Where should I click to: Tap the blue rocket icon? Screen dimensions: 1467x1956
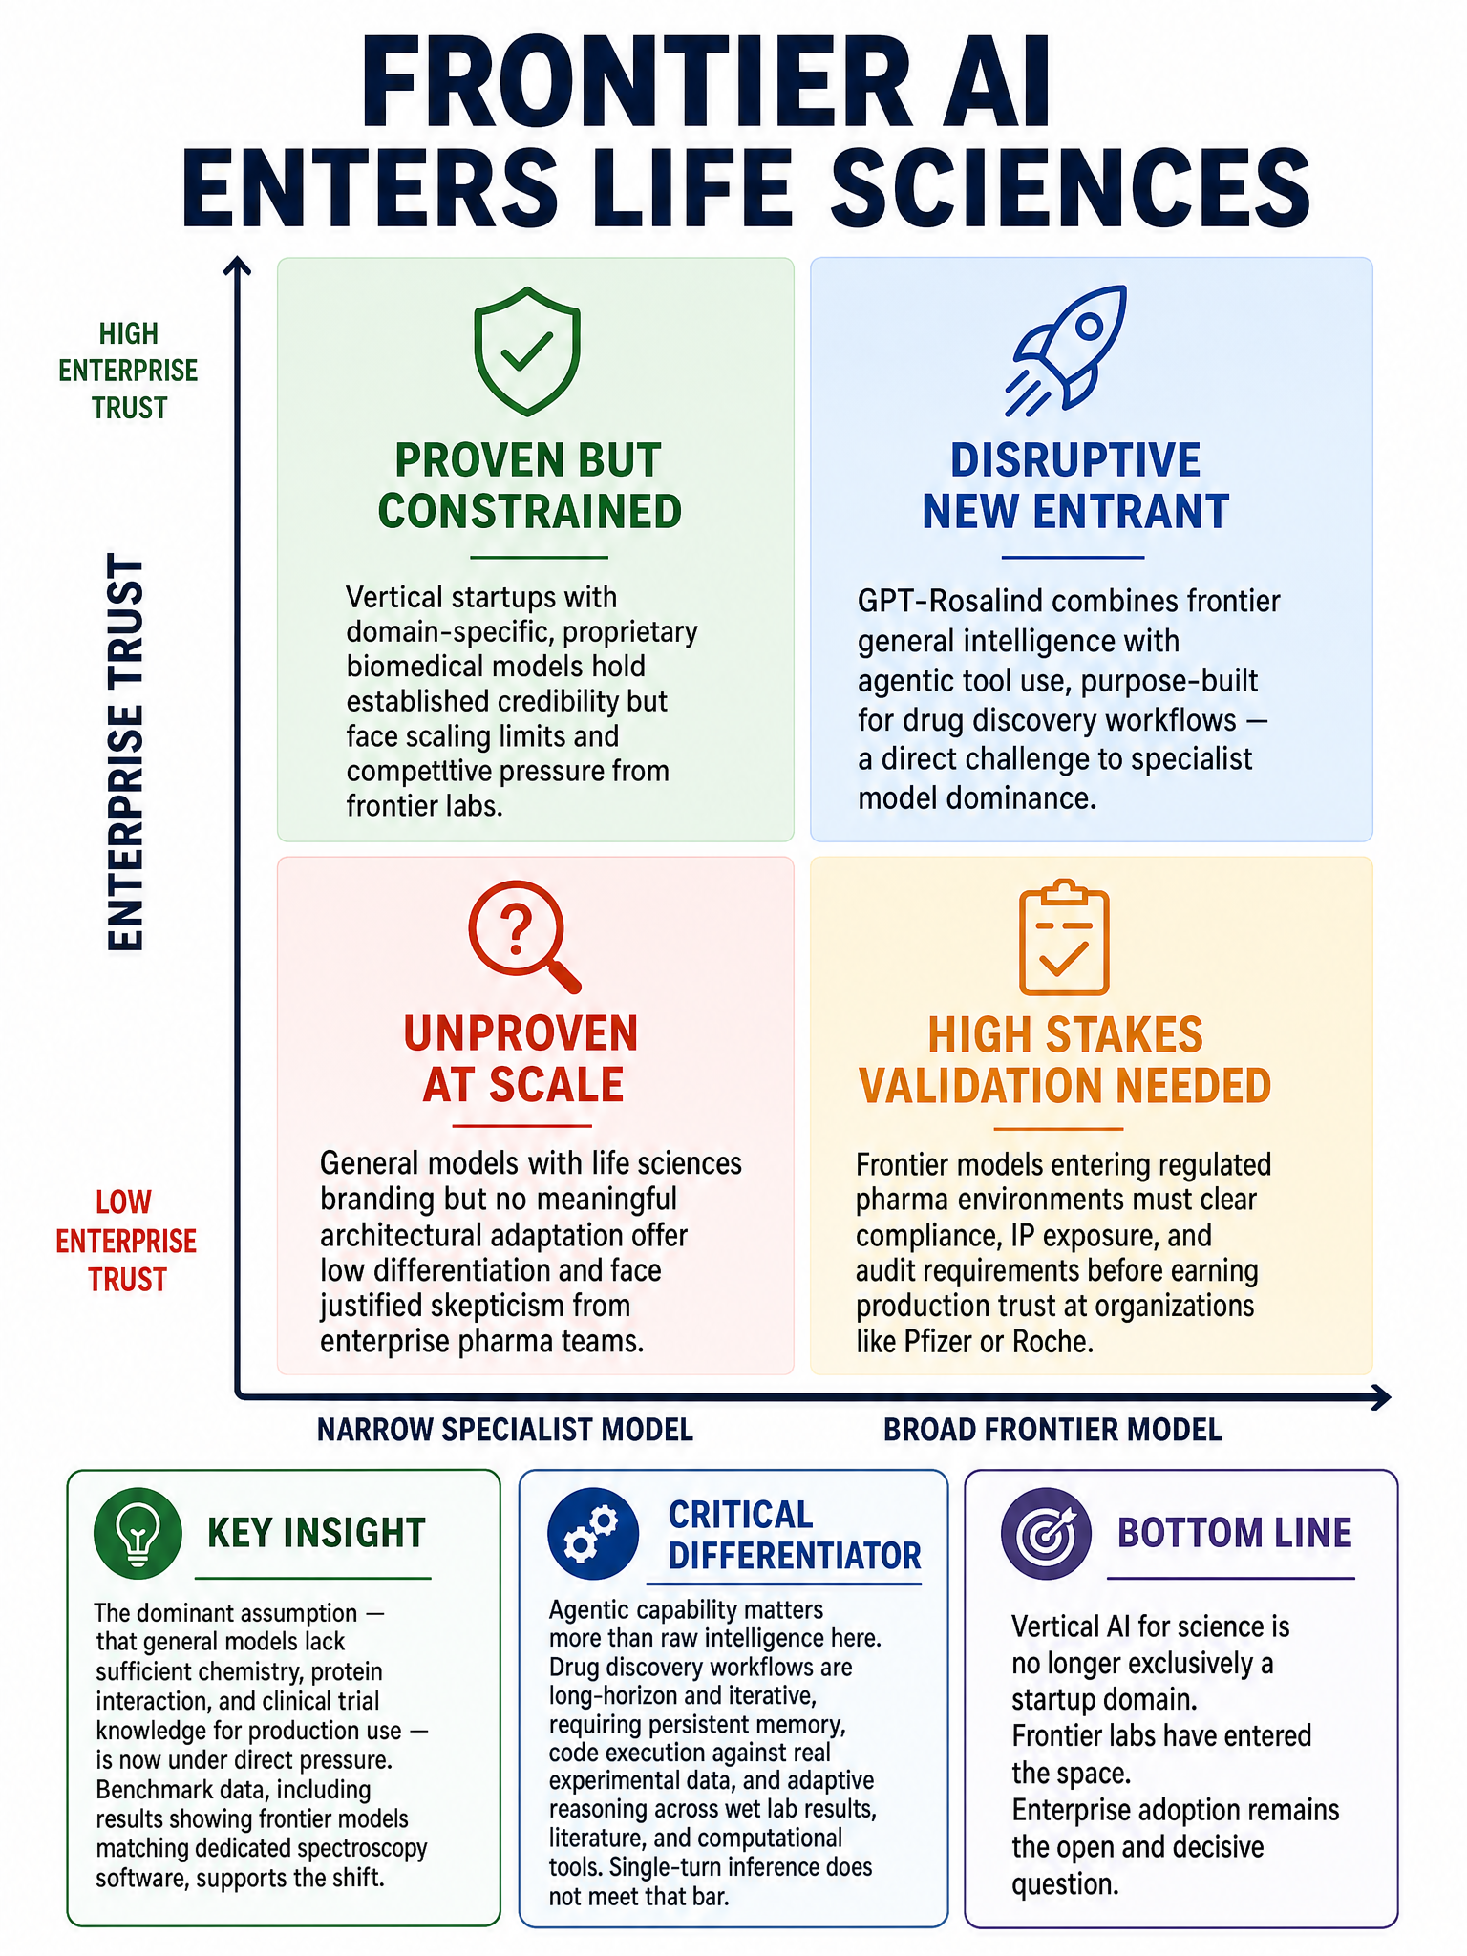click(1066, 351)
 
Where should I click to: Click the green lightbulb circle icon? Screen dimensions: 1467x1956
click(138, 1533)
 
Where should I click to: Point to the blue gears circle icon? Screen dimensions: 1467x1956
click(592, 1533)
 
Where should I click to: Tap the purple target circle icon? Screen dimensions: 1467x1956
click(1046, 1533)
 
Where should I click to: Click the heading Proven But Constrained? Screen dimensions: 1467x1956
click(529, 486)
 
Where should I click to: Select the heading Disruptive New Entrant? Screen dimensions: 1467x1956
click(1074, 486)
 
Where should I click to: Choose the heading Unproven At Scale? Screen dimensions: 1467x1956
click(521, 1059)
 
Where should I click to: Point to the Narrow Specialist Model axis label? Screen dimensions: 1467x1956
click(505, 1430)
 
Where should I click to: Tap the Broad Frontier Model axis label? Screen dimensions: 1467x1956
click(1052, 1430)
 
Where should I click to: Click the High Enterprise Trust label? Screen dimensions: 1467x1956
click(128, 371)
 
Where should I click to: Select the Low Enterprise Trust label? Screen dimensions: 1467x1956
click(126, 1241)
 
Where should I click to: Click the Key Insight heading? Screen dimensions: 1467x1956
click(316, 1533)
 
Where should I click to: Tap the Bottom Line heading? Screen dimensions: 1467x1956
click(1235, 1533)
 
